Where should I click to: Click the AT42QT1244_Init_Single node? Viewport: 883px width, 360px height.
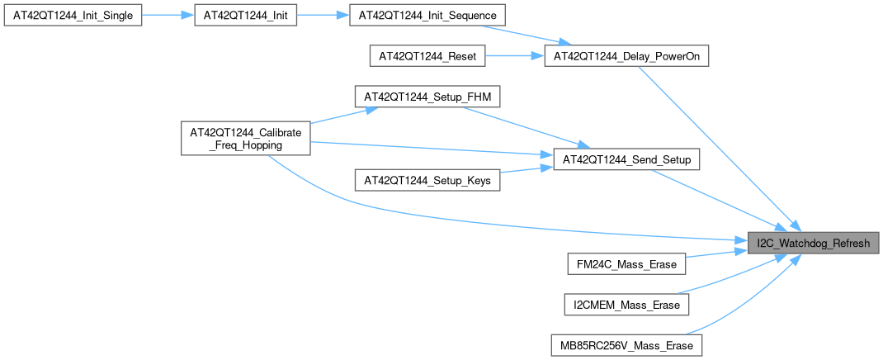[73, 17]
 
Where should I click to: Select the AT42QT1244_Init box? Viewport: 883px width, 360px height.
[245, 17]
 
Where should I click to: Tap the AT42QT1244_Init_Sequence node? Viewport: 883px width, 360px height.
[427, 17]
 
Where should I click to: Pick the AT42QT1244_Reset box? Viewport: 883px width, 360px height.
[427, 57]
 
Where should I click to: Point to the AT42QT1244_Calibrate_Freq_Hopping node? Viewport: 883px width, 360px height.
[245, 138]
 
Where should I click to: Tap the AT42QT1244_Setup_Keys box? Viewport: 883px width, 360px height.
[427, 179]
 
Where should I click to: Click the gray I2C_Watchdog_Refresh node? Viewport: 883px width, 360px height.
[813, 244]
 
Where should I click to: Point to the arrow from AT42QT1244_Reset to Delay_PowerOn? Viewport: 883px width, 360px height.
[514, 57]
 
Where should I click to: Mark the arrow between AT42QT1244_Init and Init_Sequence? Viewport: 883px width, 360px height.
[323, 17]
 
